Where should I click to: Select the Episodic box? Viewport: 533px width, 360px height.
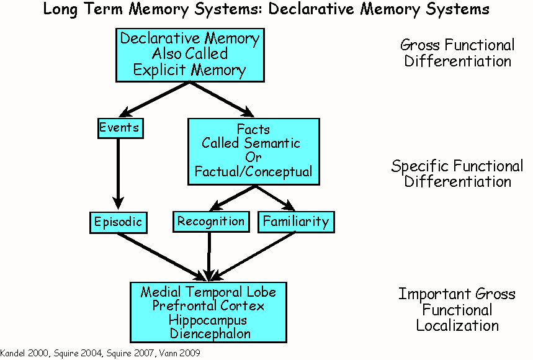(x=118, y=222)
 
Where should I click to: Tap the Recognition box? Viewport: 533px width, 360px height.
(x=210, y=221)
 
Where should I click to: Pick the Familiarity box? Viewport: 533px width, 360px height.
(x=296, y=222)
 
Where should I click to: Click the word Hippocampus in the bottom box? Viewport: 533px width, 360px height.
(x=208, y=320)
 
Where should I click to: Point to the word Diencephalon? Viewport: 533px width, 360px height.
(x=208, y=334)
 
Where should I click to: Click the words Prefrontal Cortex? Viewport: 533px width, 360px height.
(x=208, y=306)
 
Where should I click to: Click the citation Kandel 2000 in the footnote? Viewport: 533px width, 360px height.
(x=21, y=353)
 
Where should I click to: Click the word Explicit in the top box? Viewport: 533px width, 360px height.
(x=156, y=70)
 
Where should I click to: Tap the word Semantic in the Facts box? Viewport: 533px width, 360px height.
(x=269, y=143)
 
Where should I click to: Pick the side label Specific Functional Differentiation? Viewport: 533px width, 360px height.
(x=457, y=174)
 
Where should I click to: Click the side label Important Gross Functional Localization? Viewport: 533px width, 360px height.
(x=457, y=309)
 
